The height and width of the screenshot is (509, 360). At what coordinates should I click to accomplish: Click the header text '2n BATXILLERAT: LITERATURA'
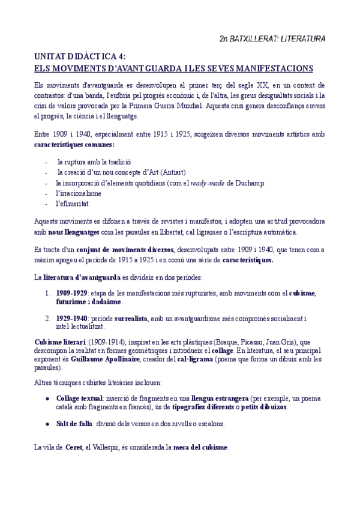pyautogui.click(x=272, y=39)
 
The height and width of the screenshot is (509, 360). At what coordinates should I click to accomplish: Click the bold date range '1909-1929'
pyautogui.click(x=72, y=292)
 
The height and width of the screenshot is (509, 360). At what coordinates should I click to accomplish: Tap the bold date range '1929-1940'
pyautogui.click(x=72, y=318)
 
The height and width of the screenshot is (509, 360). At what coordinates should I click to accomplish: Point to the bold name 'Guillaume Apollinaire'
pyautogui.click(x=104, y=359)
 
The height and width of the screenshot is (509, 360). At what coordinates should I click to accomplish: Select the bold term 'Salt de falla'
pyautogui.click(x=74, y=424)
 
